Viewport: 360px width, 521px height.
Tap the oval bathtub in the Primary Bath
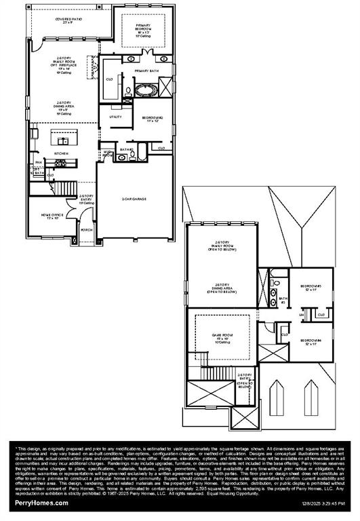145,89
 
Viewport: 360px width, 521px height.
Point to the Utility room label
115,117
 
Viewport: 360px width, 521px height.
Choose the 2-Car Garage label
134,199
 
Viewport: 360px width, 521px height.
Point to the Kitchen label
62,154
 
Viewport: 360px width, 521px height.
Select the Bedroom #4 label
312,341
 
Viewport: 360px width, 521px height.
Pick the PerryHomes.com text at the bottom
40,503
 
